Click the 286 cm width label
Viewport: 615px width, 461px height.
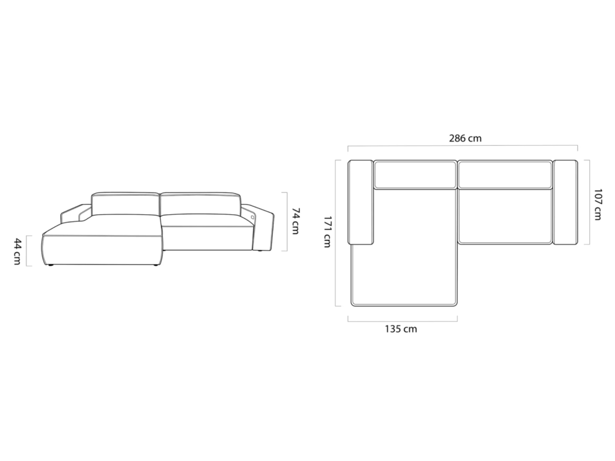465,138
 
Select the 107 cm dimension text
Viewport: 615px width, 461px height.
597,204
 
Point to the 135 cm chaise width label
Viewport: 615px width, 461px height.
401,329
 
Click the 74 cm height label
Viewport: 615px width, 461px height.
296,221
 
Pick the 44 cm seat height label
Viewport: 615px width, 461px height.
17,251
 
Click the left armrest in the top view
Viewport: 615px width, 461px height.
360,202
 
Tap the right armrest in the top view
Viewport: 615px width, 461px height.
565,202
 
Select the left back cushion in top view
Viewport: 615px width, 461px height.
415,174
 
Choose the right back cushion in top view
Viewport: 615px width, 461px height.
505,174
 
